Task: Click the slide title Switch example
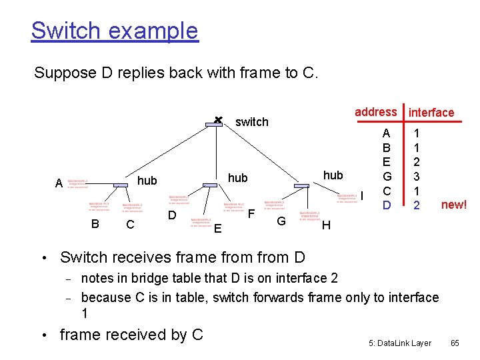point(115,31)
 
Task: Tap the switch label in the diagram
point(252,122)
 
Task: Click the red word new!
point(454,205)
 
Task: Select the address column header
point(375,112)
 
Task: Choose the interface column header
point(431,113)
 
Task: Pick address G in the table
point(387,176)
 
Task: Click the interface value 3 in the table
point(417,176)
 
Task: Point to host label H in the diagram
point(326,225)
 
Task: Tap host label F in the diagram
point(251,214)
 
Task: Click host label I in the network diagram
point(363,195)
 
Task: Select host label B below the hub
point(95,224)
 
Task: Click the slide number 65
point(455,343)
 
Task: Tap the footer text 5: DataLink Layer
point(400,343)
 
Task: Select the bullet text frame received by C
point(131,334)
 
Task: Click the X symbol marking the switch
point(217,119)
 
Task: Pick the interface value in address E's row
point(417,161)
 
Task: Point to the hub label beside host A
point(147,181)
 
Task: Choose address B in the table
point(387,147)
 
